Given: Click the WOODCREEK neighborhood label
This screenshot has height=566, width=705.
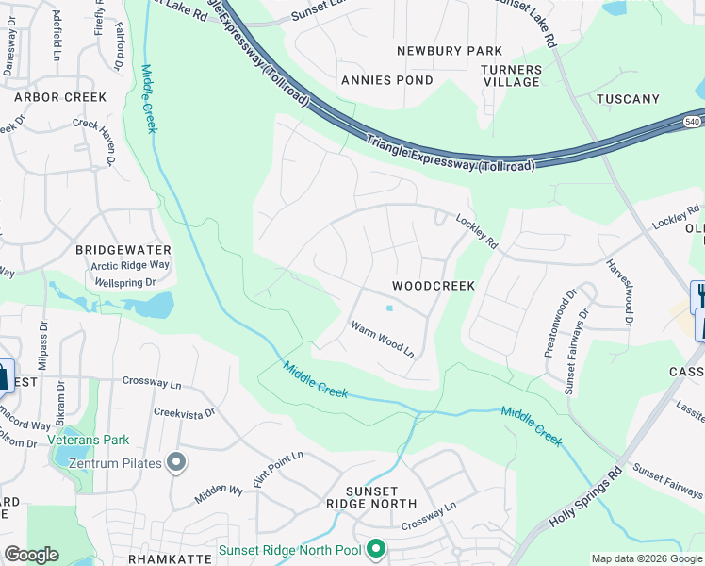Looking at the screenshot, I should (x=434, y=285).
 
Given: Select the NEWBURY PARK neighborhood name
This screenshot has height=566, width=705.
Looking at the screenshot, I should (x=449, y=51).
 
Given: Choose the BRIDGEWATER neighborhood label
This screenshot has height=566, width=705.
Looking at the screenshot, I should (x=124, y=250).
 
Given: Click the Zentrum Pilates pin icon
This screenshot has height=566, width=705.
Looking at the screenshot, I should (x=175, y=462).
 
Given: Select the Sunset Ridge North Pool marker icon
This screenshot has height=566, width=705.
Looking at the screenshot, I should (x=376, y=548).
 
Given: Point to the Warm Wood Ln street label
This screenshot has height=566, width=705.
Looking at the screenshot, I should (x=383, y=340).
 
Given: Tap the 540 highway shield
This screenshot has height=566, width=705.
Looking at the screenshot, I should (x=692, y=122).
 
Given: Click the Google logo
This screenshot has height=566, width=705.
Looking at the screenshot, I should (x=31, y=554).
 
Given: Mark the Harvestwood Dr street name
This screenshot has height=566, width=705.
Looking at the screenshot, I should (x=618, y=292).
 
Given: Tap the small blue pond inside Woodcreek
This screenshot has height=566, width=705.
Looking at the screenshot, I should (x=388, y=308).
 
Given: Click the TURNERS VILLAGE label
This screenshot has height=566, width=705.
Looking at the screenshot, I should (x=512, y=76).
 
